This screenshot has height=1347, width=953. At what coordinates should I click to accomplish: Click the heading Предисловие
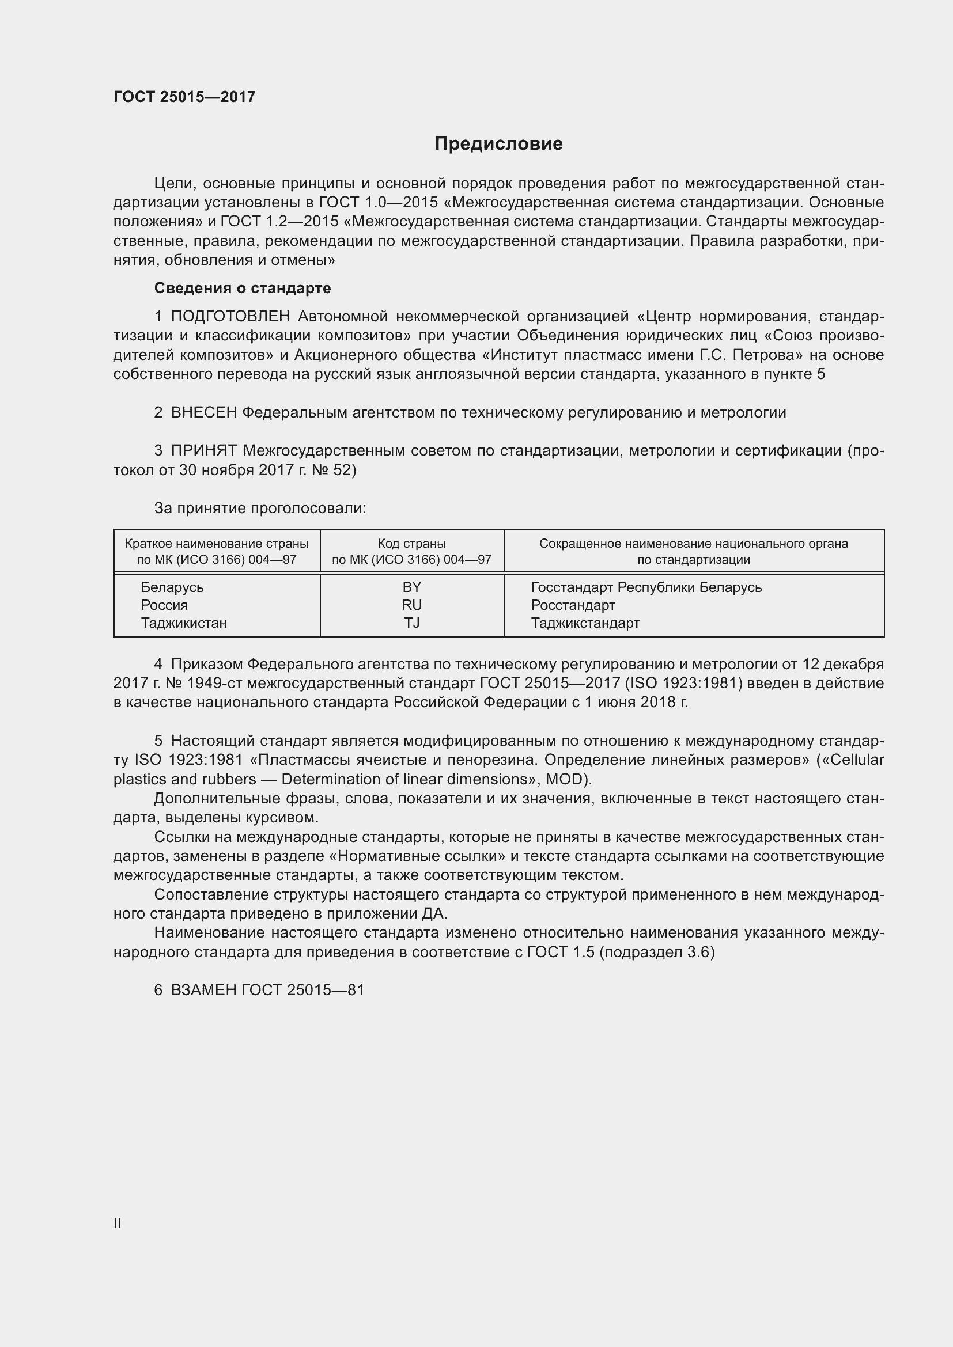(x=498, y=144)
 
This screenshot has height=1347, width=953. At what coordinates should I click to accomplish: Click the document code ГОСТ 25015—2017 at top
(x=184, y=97)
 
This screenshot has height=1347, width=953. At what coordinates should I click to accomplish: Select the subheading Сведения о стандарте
(x=243, y=288)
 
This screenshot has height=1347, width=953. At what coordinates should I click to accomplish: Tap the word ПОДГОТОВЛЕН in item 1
(x=230, y=317)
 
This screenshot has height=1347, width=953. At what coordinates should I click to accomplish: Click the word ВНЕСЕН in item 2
(x=203, y=413)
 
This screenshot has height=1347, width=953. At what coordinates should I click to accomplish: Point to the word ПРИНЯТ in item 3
(x=203, y=451)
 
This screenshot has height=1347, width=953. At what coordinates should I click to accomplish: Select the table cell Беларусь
(x=172, y=587)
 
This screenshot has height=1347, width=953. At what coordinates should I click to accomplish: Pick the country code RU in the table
(x=412, y=605)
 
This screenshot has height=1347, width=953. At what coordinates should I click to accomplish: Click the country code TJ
(x=412, y=623)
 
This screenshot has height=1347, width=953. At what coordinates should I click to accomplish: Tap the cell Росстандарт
(x=573, y=605)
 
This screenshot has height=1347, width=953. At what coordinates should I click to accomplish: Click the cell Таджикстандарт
(x=584, y=623)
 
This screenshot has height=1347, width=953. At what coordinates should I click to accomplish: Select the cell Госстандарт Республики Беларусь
(x=646, y=587)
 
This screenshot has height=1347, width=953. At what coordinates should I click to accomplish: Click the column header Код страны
(x=411, y=544)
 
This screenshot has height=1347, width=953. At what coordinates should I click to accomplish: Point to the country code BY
(x=412, y=587)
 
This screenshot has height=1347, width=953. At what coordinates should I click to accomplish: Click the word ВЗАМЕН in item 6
(x=203, y=991)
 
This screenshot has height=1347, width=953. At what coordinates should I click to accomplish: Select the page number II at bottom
(x=118, y=1224)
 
